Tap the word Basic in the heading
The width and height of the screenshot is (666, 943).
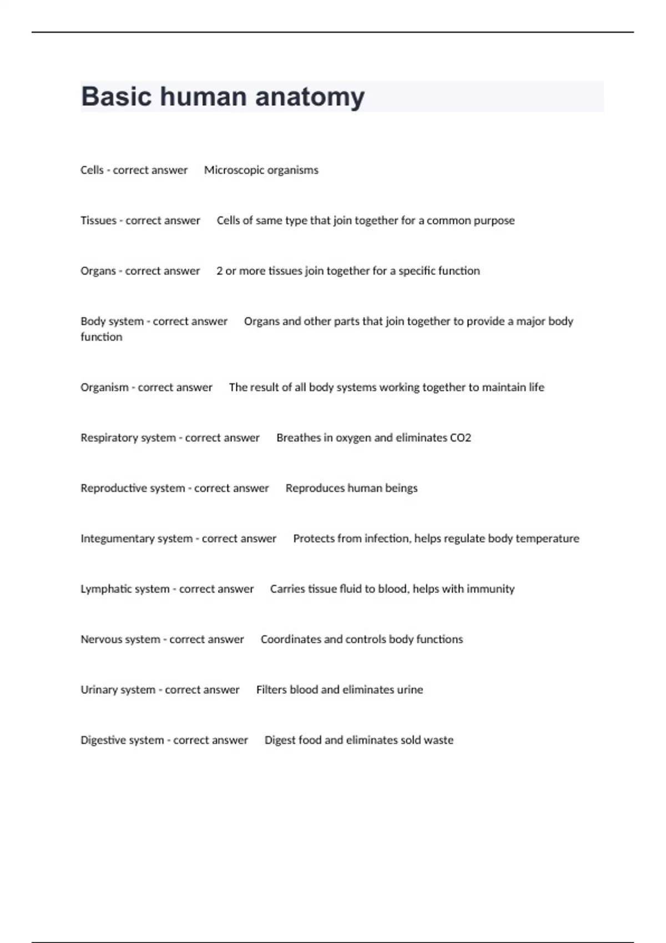[x=117, y=97]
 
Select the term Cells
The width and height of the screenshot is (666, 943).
[x=92, y=170]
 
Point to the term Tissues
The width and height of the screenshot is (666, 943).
[x=98, y=221]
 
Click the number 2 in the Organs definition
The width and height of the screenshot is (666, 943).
[x=220, y=271]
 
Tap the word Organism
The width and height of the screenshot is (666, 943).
[x=104, y=387]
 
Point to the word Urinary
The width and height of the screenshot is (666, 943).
[x=99, y=690]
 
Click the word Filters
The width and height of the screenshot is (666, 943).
[x=271, y=690]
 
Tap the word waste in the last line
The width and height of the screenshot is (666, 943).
[x=439, y=741]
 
